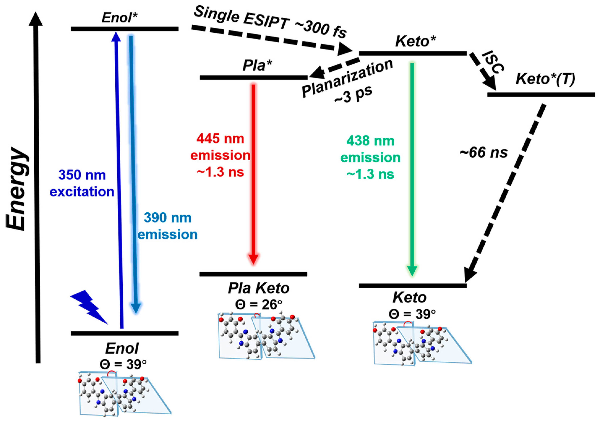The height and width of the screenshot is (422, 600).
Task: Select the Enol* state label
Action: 119,18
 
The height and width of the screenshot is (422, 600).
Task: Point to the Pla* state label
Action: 257,65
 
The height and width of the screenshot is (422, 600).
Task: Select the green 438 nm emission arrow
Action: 412,170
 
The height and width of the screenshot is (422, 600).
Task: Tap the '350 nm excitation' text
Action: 82,183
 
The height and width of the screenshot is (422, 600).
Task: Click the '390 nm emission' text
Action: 168,226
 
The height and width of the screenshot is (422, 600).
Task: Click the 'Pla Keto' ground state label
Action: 259,288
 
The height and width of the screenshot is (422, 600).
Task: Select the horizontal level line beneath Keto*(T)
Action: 541,95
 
